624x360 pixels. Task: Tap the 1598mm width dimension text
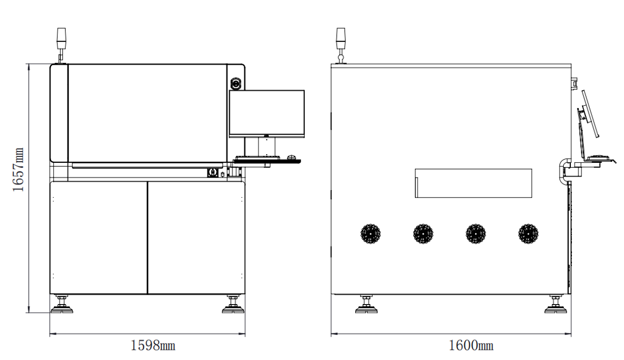pyautogui.click(x=153, y=345)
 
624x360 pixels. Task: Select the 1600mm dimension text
pyautogui.click(x=471, y=345)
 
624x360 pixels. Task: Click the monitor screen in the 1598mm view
pyautogui.click(x=267, y=113)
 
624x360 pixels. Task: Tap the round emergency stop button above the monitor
pyautogui.click(x=236, y=84)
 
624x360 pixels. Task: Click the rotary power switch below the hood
pyautogui.click(x=212, y=173)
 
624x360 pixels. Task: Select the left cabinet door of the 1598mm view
pyautogui.click(x=99, y=238)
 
